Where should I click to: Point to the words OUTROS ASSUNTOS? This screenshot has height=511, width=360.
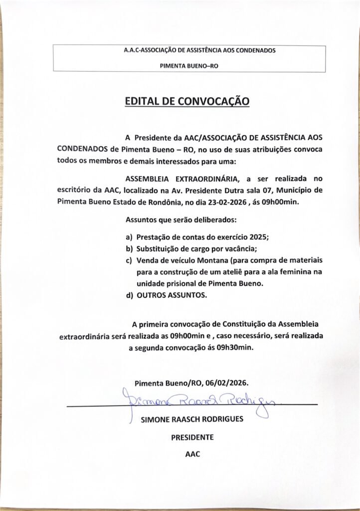coord(173,295)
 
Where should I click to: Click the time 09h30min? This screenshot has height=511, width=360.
coord(235,348)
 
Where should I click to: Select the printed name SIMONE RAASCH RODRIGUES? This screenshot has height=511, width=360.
coord(192,419)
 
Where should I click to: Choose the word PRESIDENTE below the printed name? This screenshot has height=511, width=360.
coord(192,437)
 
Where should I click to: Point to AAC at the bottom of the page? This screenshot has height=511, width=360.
coord(192,455)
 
